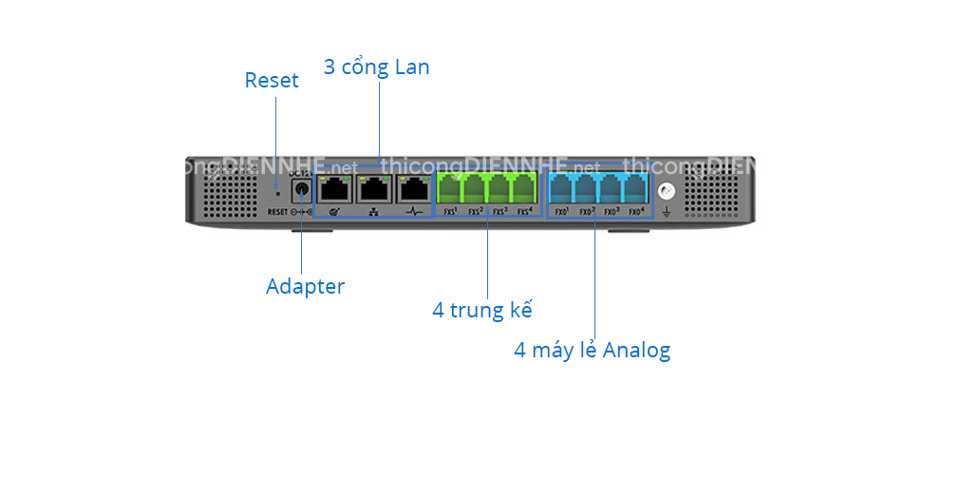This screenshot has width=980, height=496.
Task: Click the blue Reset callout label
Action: tap(272, 81)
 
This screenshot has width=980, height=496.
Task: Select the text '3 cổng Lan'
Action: tap(376, 67)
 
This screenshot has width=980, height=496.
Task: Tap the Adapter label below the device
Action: tap(305, 287)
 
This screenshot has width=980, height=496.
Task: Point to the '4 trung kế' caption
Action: tap(482, 310)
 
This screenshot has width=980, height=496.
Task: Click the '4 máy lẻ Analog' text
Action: tap(592, 351)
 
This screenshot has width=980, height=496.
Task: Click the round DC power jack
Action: tap(303, 189)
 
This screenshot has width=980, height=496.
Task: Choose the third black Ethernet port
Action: tap(414, 189)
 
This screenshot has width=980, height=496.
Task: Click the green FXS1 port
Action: tap(450, 187)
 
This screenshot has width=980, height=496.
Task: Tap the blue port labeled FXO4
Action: tap(636, 187)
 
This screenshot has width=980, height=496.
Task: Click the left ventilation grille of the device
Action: tap(227, 193)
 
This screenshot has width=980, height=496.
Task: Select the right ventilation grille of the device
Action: tap(711, 193)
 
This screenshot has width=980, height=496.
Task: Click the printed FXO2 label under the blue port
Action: tap(587, 211)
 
